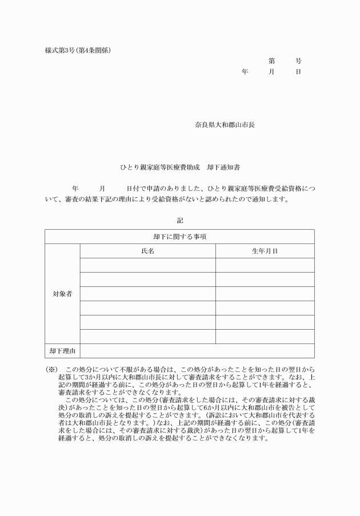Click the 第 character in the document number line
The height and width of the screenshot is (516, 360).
click(271, 61)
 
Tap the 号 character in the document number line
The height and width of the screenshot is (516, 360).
click(298, 61)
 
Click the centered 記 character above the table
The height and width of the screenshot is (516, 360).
click(180, 219)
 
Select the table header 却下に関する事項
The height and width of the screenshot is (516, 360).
click(179, 237)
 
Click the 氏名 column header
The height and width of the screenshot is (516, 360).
click(147, 251)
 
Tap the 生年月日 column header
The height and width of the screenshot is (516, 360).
click(265, 251)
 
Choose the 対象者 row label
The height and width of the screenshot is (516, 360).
click(62, 294)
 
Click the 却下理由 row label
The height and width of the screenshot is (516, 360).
click(62, 350)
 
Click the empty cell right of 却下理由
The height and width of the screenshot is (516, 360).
click(197, 350)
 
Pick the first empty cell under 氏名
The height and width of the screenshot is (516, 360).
click(147, 265)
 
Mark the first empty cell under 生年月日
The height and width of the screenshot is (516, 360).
click(265, 265)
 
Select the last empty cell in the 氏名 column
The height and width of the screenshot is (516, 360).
click(147, 336)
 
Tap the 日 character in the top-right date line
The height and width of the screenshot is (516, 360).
click(298, 72)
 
